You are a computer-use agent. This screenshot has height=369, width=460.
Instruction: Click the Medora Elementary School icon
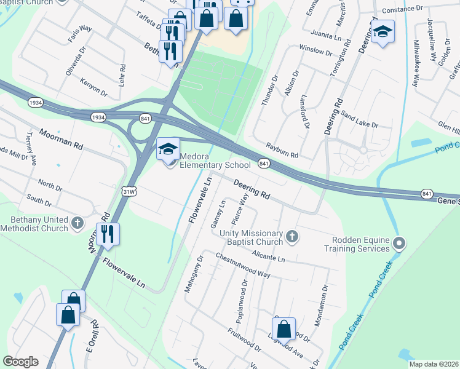pos(169,149)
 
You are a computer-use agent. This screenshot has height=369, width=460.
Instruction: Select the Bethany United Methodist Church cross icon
pos(77,223)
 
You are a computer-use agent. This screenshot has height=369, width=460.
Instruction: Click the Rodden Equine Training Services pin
pos(399,244)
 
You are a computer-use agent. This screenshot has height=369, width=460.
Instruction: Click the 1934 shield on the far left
pos(36,103)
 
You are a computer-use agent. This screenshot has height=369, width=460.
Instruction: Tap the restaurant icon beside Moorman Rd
pos(108,234)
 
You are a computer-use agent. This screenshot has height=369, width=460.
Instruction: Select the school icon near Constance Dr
pos(383,32)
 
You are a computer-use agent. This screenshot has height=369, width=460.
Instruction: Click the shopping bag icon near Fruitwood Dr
pos(284,329)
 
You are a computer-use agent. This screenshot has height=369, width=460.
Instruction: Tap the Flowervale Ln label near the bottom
pos(124,273)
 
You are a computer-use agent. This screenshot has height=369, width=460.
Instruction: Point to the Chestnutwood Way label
pos(242,265)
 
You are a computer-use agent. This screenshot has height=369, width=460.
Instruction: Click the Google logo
pos(20,362)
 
